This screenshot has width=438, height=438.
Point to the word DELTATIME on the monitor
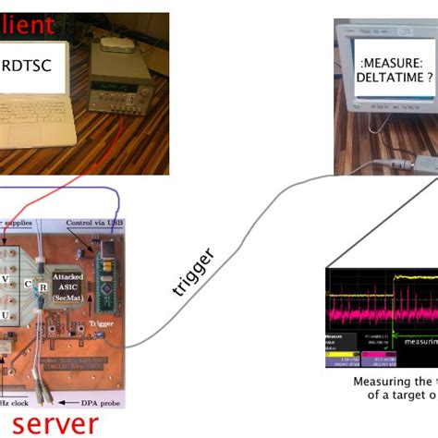(x=387, y=79)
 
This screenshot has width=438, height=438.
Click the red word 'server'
(x=56, y=423)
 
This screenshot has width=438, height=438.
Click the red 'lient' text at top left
(x=28, y=26)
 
